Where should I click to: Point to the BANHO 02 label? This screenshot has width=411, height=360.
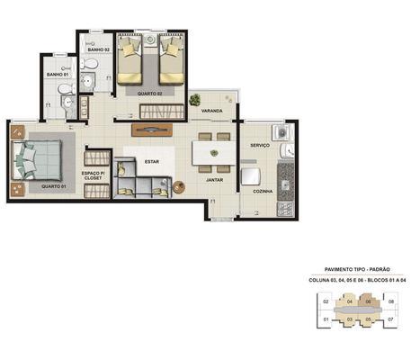click(98, 49)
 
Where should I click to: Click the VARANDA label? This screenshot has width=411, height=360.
click(212, 112)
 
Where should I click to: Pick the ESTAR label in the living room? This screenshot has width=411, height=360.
click(151, 162)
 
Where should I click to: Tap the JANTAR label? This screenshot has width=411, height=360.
click(214, 180)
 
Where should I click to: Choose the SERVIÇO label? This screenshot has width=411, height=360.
click(261, 145)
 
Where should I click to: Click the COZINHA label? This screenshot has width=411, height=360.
click(262, 191)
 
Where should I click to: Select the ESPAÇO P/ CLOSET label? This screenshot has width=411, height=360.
click(94, 175)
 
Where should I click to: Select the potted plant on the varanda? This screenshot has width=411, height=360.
click(194, 101)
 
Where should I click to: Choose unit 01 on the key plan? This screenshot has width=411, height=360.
click(324, 319)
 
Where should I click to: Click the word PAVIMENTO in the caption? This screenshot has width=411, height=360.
click(338, 269)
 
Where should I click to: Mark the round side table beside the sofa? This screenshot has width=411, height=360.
click(177, 186)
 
